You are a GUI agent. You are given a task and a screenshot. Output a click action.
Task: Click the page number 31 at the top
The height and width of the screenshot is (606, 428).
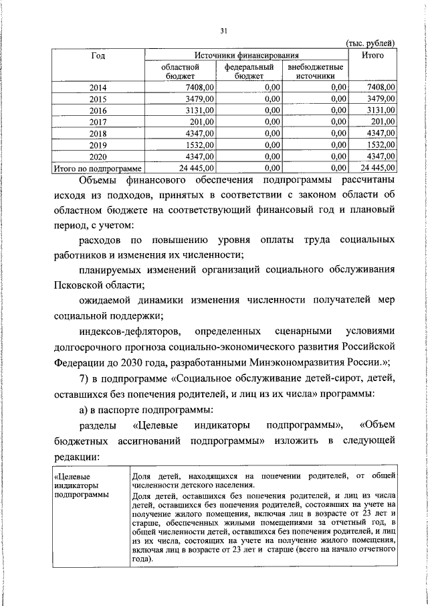[x=225, y=30]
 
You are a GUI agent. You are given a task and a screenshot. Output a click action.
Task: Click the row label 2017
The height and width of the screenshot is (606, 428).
[x=98, y=121]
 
